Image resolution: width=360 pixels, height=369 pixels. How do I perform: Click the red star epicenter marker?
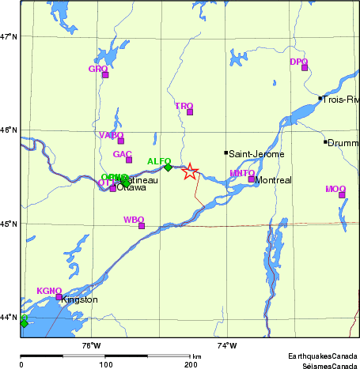tap(190, 171)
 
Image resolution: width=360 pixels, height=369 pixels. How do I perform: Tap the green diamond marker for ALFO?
tap(168, 167)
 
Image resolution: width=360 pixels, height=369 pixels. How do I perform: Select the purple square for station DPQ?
tap(305, 67)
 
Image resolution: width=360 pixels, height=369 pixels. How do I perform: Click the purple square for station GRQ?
tap(105, 75)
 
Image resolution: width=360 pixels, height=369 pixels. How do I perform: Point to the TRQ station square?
tap(190, 111)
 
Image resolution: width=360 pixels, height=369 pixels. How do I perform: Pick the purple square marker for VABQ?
tap(121, 141)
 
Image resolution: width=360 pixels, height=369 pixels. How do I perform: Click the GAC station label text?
tap(122, 154)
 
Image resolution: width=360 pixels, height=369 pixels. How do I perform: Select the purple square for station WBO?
tap(142, 226)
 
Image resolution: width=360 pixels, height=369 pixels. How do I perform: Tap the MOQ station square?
tap(342, 194)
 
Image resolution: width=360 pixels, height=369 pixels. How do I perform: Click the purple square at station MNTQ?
tap(252, 179)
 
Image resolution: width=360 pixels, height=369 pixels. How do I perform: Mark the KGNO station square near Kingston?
tap(59, 297)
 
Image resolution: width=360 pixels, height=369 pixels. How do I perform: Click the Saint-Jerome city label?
tap(256, 154)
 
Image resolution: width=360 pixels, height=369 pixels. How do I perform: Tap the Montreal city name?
tap(274, 180)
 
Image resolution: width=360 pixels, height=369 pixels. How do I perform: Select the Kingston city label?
tap(79, 300)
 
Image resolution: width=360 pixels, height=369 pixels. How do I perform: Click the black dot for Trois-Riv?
tap(320, 99)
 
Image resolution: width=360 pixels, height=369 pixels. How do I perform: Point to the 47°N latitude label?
tap(9, 37)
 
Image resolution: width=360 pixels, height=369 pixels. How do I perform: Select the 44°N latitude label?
tap(9, 318)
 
